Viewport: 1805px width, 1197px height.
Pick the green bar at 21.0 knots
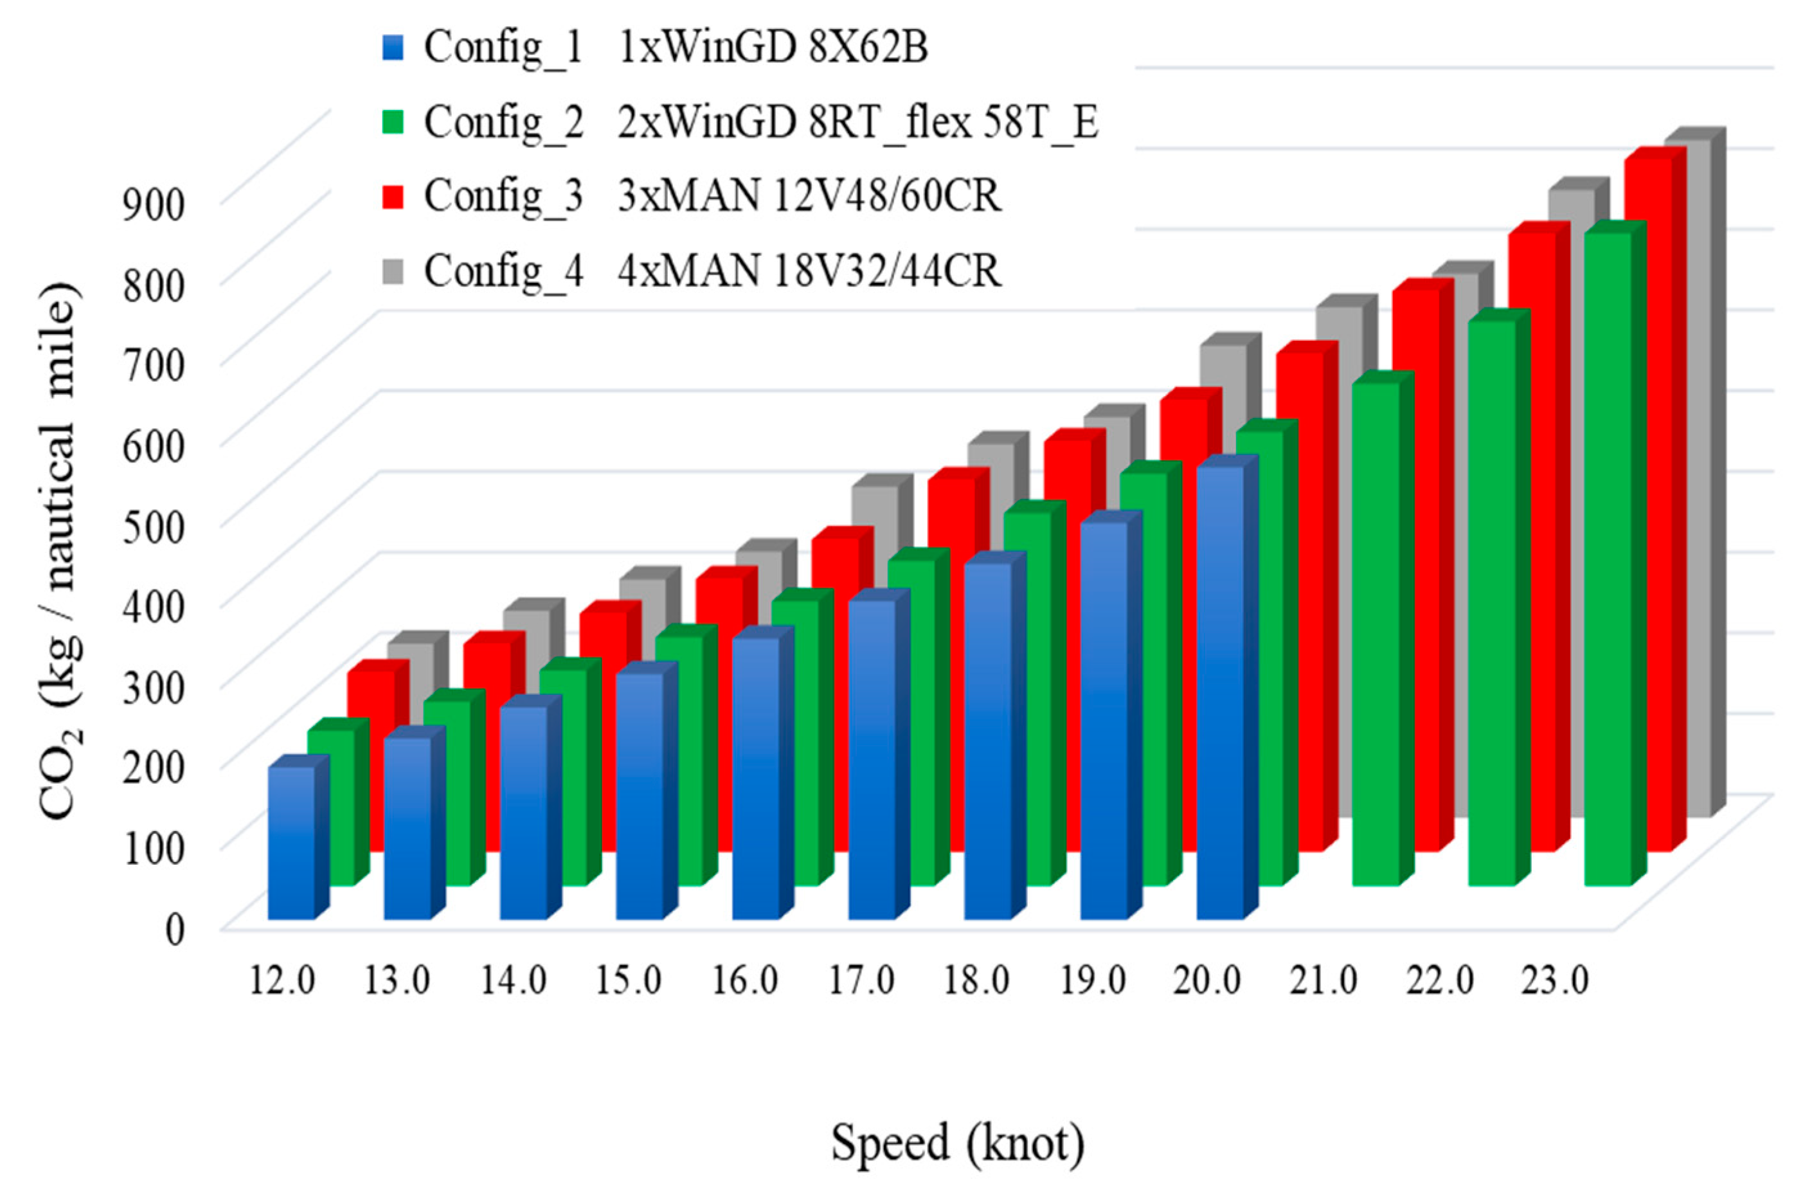pyautogui.click(x=1376, y=634)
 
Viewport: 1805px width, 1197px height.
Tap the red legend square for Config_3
pyautogui.click(x=392, y=195)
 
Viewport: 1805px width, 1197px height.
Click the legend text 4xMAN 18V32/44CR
pyautogui.click(x=809, y=270)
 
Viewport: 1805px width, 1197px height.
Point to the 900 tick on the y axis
pyautogui.click(x=154, y=204)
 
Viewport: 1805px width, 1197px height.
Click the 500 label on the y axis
pyautogui.click(x=154, y=526)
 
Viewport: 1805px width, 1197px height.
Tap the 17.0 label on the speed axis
pyautogui.click(x=861, y=981)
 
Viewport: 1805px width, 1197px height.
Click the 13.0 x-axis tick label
pyautogui.click(x=397, y=981)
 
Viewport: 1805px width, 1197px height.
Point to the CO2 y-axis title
pyautogui.click(x=60, y=550)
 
